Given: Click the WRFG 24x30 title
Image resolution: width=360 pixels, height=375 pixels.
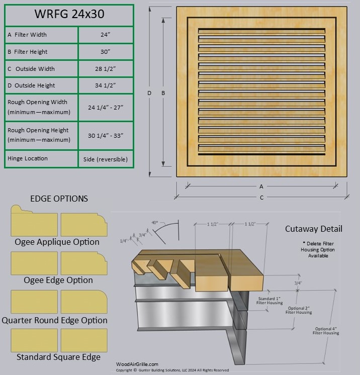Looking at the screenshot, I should tap(69, 14).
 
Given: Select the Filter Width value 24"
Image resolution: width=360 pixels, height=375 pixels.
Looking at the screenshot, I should tap(106, 35).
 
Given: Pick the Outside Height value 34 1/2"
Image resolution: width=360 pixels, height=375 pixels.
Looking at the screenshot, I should tap(106, 85).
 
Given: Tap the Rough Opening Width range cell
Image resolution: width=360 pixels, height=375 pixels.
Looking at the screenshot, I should tap(106, 107).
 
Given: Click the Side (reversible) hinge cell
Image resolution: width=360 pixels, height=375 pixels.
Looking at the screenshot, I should tap(106, 159).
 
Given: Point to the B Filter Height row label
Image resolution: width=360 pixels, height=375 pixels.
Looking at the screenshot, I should tap(28, 52).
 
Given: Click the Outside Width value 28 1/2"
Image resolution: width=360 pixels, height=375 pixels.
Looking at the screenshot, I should tap(106, 69).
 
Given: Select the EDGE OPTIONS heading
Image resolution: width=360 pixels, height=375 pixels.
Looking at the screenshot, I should tap(59, 199).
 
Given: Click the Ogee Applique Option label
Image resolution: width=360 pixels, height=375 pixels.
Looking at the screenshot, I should tap(58, 242).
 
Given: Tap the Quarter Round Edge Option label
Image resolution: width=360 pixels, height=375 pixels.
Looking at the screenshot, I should tap(54, 320).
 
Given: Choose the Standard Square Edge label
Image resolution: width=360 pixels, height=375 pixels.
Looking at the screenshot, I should tap(58, 357).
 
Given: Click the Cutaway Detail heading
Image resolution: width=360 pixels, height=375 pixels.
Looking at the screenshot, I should tap(314, 229).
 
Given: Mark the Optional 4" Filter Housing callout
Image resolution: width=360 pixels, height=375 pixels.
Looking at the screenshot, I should tap(325, 330).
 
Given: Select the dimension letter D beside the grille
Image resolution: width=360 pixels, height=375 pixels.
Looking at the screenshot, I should tap(149, 93).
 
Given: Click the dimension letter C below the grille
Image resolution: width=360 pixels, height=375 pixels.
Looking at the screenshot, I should tap(261, 198).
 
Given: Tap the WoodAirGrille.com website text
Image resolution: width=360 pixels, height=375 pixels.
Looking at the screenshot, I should tap(137, 364).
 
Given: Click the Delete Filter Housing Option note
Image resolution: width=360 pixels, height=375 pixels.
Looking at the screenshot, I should tap(314, 249).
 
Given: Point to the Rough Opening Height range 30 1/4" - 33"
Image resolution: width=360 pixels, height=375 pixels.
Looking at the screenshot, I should tap(106, 136).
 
